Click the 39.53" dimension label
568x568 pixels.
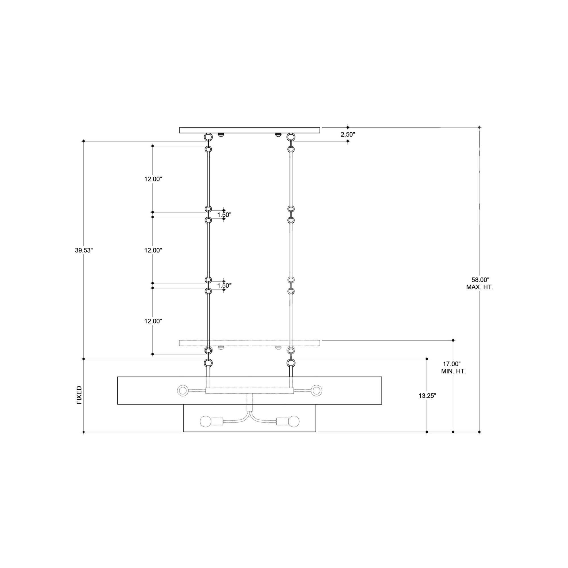(x=84, y=250)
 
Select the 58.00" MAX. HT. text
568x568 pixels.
(x=479, y=283)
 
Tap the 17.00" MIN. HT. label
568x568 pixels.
(x=453, y=367)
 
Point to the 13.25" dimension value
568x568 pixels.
(x=427, y=396)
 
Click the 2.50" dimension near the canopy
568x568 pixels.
(x=348, y=135)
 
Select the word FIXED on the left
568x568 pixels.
(x=80, y=395)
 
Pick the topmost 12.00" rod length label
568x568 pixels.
(x=153, y=179)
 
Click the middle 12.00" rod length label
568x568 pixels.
(x=153, y=250)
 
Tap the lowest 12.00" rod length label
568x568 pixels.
(x=153, y=321)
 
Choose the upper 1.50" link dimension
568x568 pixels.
(x=224, y=215)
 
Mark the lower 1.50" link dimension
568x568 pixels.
(x=224, y=285)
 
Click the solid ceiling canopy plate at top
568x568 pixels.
(x=250, y=130)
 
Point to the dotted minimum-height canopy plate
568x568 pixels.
(x=250, y=343)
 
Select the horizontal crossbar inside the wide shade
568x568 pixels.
(x=250, y=391)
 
